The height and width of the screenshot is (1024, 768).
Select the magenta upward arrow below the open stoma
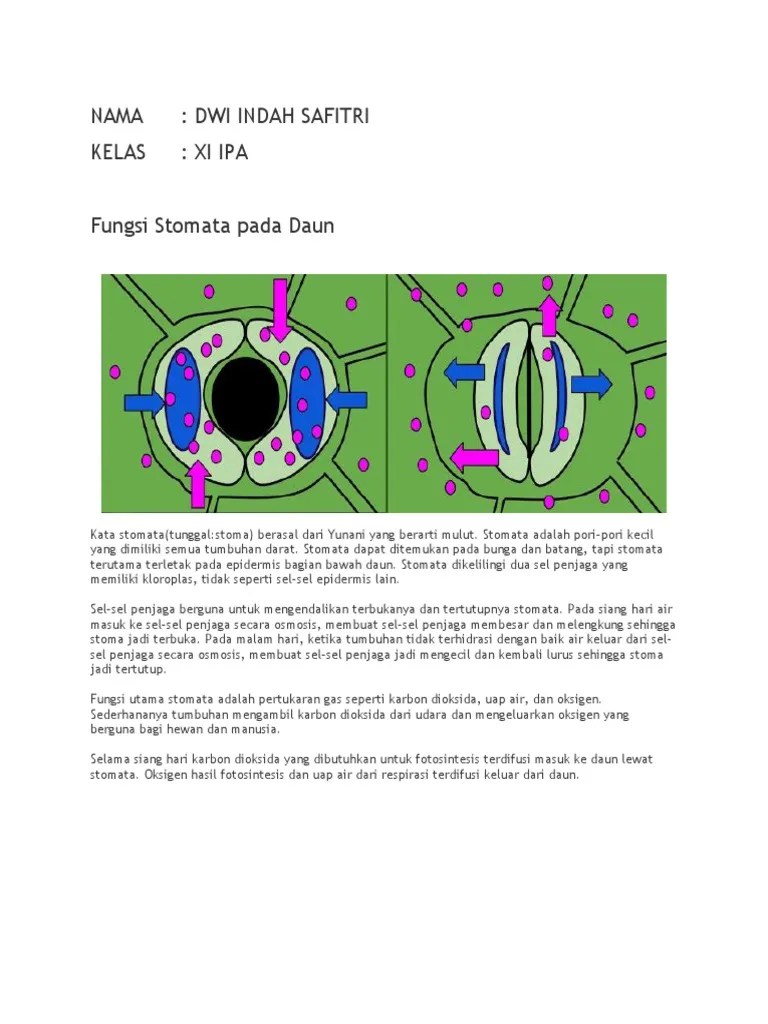(198, 483)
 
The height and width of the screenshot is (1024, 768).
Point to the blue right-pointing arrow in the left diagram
(144, 402)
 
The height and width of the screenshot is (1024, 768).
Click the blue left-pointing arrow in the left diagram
(347, 401)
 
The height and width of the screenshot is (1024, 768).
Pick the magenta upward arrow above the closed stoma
(548, 315)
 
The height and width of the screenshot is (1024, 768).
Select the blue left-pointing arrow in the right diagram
(464, 372)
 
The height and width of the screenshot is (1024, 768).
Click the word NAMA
(117, 116)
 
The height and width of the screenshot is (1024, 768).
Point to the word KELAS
(118, 152)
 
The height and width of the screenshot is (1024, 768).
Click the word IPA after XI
(231, 152)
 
